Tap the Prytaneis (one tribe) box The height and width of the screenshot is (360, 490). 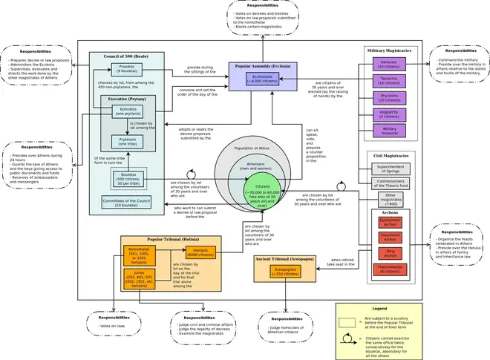(x=128, y=140)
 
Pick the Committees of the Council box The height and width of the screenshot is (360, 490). (x=127, y=201)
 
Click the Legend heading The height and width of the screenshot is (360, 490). (x=379, y=308)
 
